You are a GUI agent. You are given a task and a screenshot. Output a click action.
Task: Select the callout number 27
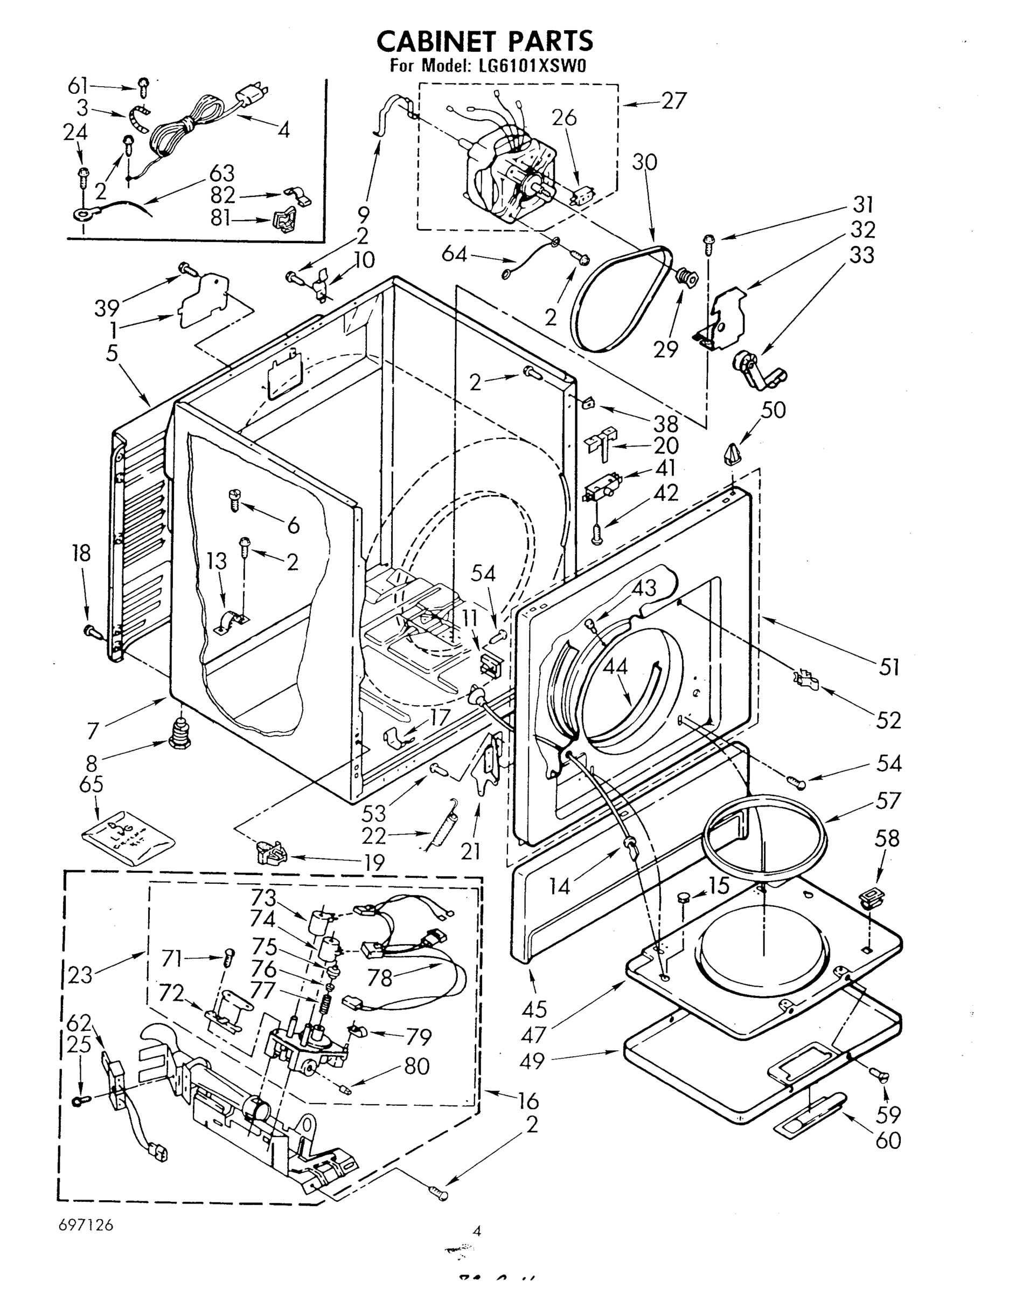coord(674,101)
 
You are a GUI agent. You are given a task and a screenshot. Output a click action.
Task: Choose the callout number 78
coord(381,978)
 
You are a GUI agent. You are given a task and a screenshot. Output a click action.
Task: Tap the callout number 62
coord(79,1023)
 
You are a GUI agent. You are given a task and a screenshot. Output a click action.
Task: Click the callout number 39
coord(107,308)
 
